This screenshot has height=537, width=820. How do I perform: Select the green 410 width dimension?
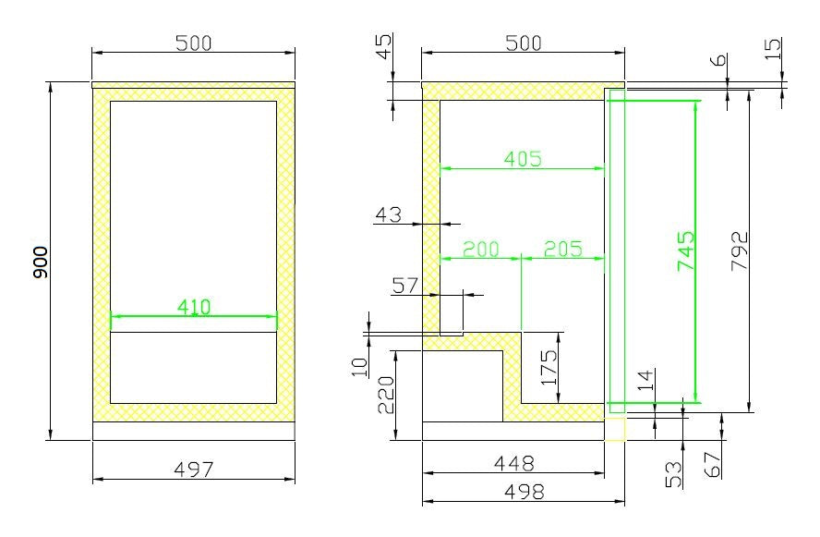click(194, 307)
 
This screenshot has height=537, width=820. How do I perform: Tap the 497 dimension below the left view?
click(194, 470)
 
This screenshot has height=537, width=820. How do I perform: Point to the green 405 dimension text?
click(523, 158)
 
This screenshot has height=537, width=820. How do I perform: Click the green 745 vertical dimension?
click(686, 250)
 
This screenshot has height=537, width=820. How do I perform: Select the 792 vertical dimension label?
click(739, 250)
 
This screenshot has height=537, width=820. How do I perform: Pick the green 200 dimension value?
click(480, 249)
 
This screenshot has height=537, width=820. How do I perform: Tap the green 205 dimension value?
click(563, 249)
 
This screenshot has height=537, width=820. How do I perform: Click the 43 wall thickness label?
click(390, 214)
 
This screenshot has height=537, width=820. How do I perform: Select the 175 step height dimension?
click(549, 367)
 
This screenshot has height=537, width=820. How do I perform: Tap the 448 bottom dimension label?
click(515, 462)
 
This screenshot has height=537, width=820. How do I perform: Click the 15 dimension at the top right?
click(773, 46)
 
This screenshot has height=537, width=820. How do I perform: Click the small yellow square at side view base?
click(615, 430)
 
